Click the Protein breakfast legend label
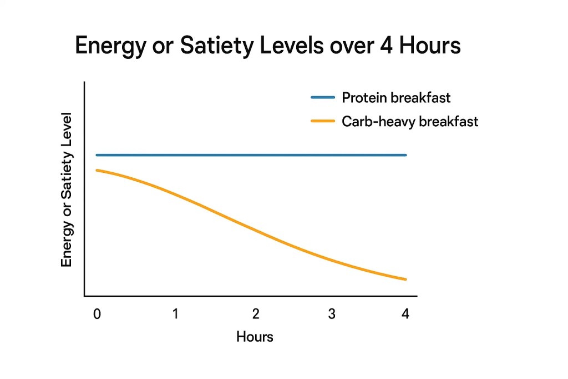point(396,98)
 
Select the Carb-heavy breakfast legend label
point(410,121)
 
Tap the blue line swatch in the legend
point(323,98)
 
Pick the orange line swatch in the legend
point(323,121)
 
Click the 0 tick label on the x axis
point(97,314)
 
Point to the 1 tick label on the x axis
point(175,314)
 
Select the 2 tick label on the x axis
point(256,314)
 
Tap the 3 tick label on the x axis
point(332,314)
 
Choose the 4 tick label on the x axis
point(405,314)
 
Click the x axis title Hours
point(255,337)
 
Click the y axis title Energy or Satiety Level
point(67,189)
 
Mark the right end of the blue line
point(405,155)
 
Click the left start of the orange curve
point(97,170)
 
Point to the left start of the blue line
point(97,155)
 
